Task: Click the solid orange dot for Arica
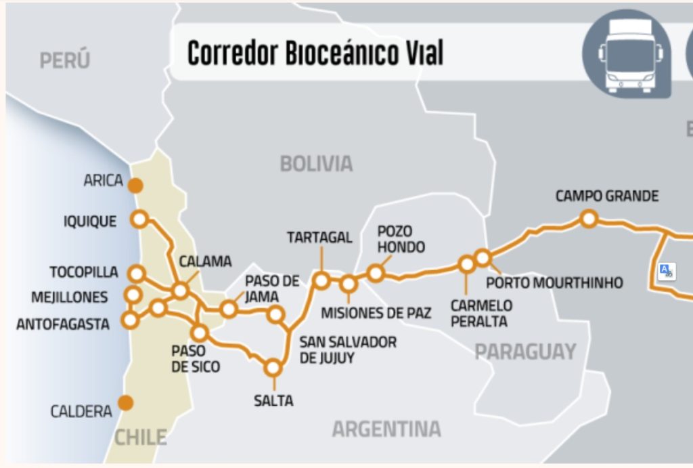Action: pyautogui.click(x=136, y=185)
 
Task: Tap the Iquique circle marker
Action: pyautogui.click(x=140, y=219)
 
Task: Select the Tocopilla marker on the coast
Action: pyautogui.click(x=137, y=274)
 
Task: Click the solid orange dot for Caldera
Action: pyautogui.click(x=125, y=403)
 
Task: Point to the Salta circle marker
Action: pyautogui.click(x=273, y=368)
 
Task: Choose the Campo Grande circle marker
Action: pyautogui.click(x=589, y=218)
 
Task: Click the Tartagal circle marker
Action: pyautogui.click(x=321, y=280)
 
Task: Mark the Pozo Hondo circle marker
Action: pyautogui.click(x=376, y=273)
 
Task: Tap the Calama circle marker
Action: pyautogui.click(x=180, y=291)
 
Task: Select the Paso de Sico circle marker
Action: pyautogui.click(x=199, y=333)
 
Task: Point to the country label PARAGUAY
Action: pyautogui.click(x=524, y=352)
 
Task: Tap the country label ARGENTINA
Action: pyautogui.click(x=386, y=429)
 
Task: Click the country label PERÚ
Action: pyautogui.click(x=64, y=61)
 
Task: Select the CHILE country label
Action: pyautogui.click(x=140, y=437)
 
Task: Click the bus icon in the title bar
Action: pyautogui.click(x=630, y=55)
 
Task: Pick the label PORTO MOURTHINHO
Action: pyautogui.click(x=554, y=282)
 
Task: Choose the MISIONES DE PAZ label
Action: pyautogui.click(x=376, y=313)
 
